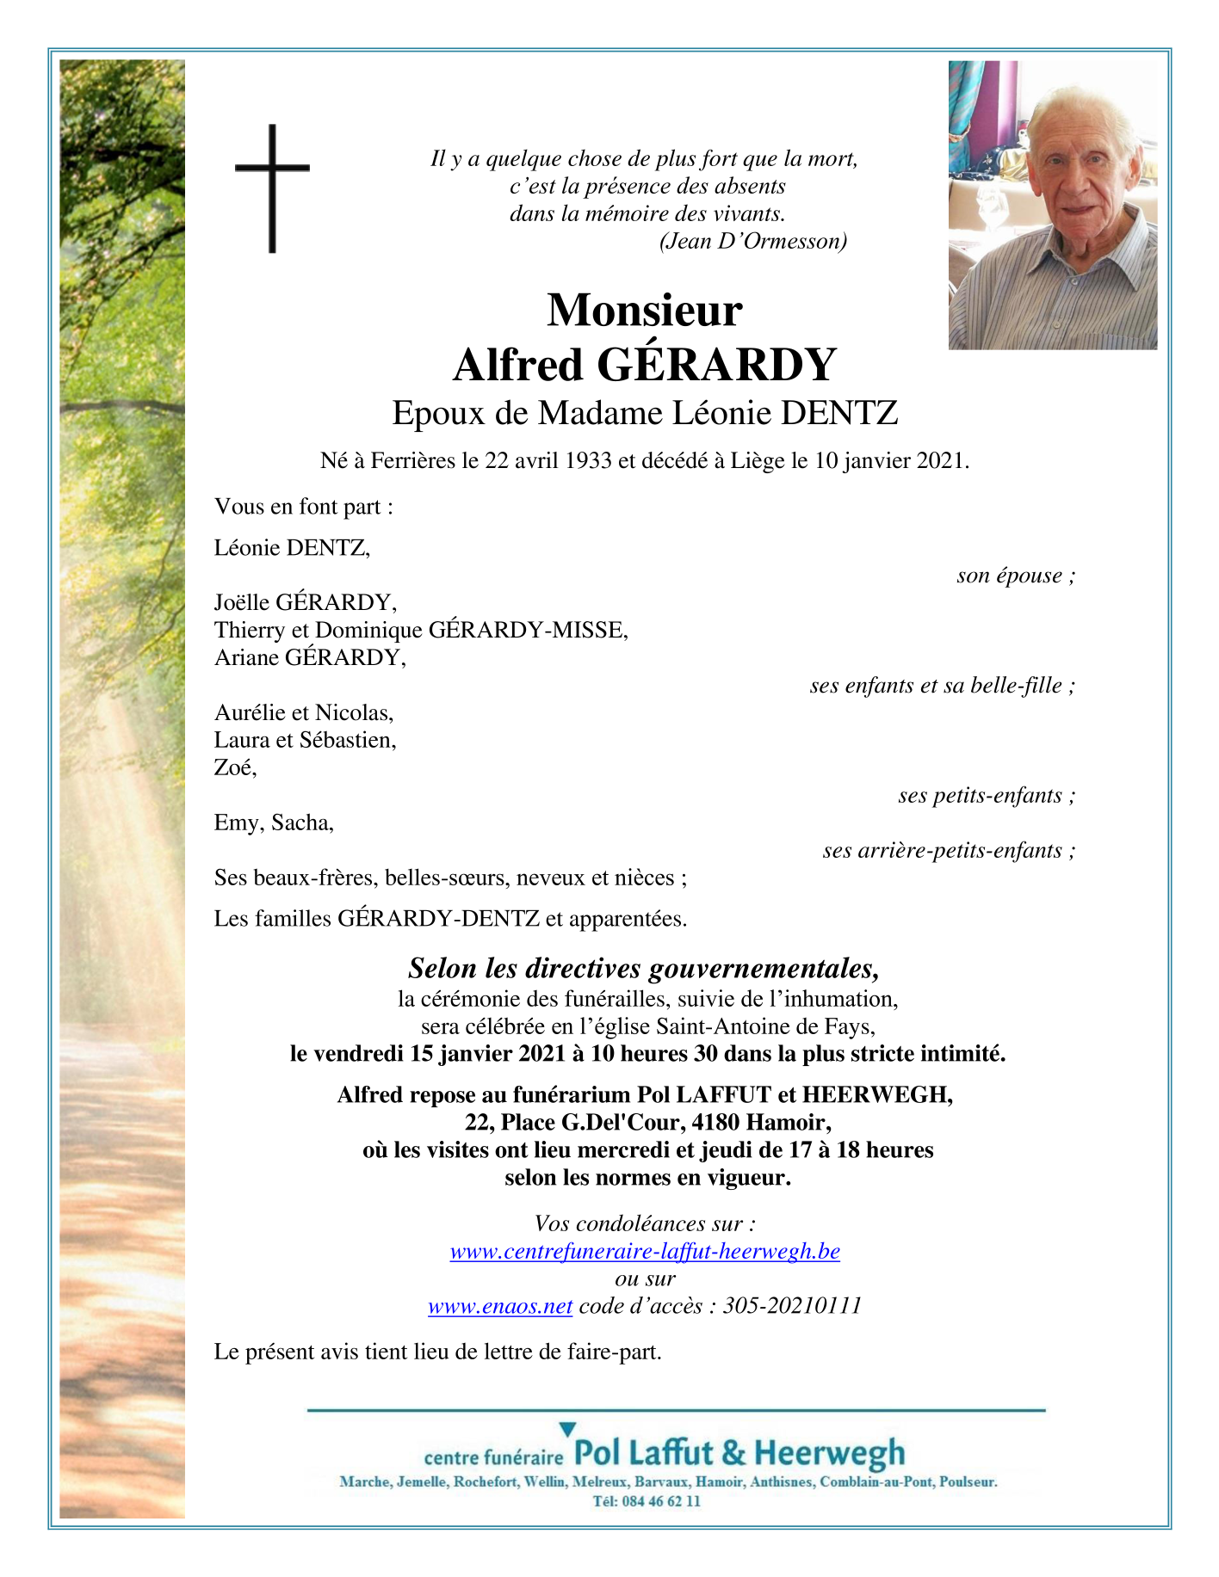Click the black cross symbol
pyautogui.click(x=272, y=188)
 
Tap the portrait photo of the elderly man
pyautogui.click(x=1052, y=205)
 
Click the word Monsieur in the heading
pyautogui.click(x=644, y=310)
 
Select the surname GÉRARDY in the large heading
pyautogui.click(x=715, y=365)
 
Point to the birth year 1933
pyautogui.click(x=588, y=461)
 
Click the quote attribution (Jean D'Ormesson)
pyautogui.click(x=752, y=242)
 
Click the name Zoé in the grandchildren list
pyautogui.click(x=233, y=767)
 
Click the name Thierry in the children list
pyautogui.click(x=250, y=631)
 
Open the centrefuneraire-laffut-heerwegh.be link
pyautogui.click(x=645, y=1251)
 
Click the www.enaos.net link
pyautogui.click(x=500, y=1306)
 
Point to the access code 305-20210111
pyautogui.click(x=792, y=1306)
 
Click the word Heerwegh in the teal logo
pyautogui.click(x=829, y=1454)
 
